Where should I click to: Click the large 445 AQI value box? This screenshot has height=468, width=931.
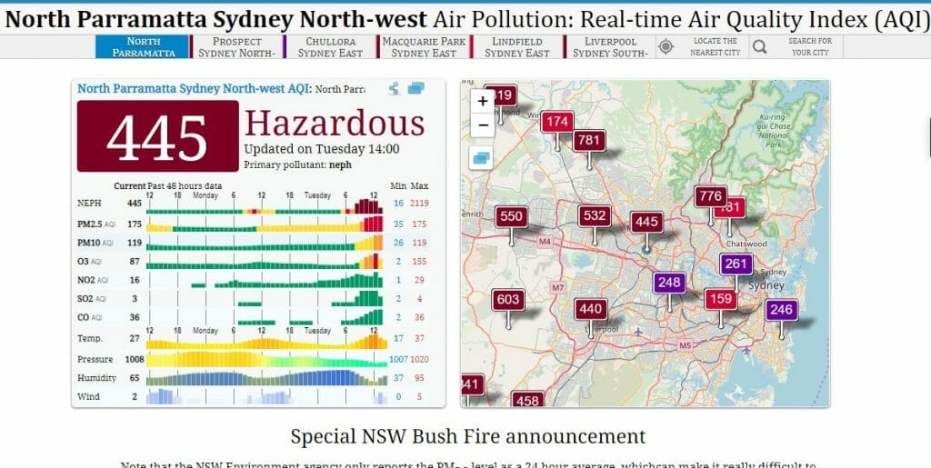pos(157,136)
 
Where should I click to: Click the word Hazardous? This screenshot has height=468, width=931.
pos(335,124)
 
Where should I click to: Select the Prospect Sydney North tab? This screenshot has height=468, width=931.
pos(236,47)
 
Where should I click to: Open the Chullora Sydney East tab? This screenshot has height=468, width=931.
pos(330,47)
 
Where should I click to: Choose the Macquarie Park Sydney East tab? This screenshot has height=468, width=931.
pos(425,47)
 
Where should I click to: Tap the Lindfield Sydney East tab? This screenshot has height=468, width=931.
pos(517,47)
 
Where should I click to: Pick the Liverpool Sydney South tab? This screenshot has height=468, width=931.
pos(610,47)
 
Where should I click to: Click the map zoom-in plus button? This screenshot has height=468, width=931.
pos(483,102)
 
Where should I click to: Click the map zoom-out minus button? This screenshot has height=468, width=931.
pos(483,124)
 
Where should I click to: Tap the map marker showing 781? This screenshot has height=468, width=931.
pos(589,141)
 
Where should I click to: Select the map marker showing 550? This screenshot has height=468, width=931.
pos(511,216)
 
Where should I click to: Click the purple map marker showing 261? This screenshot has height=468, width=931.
pos(736,264)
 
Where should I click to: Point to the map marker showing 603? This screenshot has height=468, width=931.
pos(508,300)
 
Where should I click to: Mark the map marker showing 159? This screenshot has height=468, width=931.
pos(720,299)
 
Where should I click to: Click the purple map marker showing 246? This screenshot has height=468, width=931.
pos(780,310)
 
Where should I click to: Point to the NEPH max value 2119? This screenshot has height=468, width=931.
pos(419,204)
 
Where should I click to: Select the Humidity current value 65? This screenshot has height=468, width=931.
pos(134,378)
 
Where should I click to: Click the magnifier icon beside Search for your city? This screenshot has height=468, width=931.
pos(760,46)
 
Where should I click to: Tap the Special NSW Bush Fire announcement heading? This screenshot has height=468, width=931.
pos(468,435)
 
